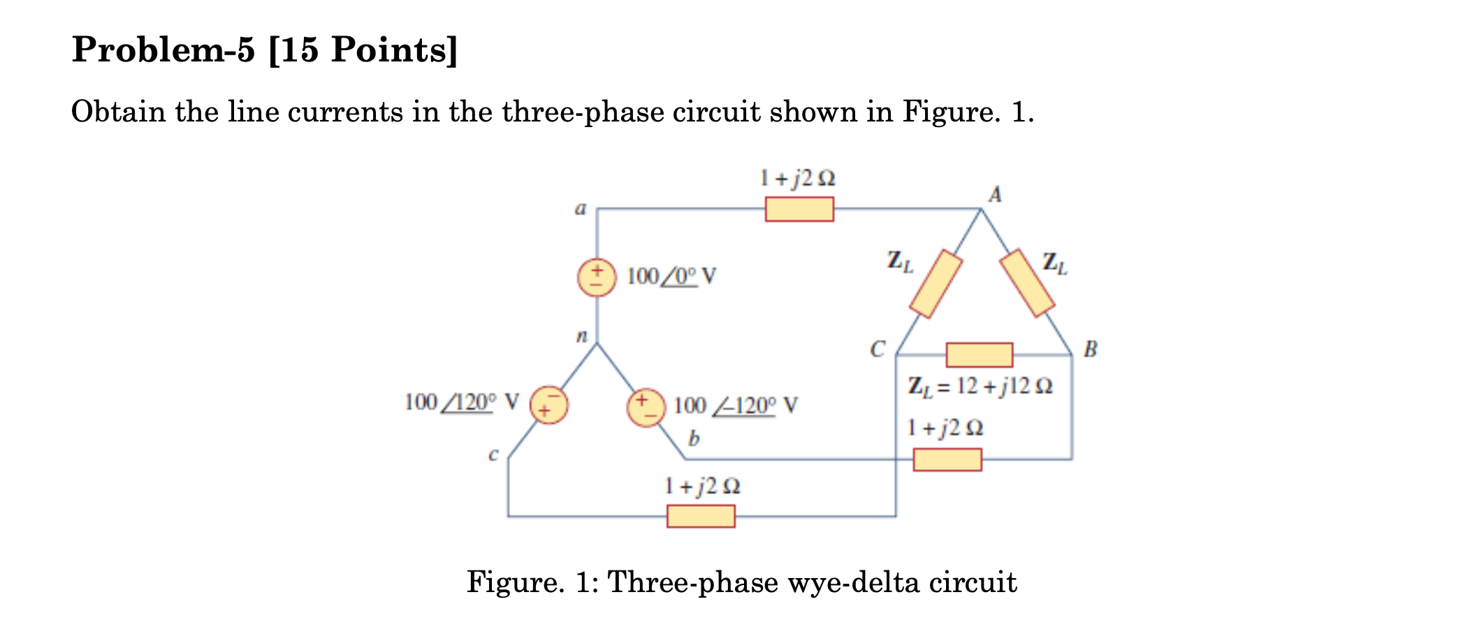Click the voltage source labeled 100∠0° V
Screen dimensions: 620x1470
pyautogui.click(x=596, y=278)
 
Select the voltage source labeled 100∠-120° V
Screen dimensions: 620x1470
pyautogui.click(x=645, y=408)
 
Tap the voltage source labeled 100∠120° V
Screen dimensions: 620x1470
pyautogui.click(x=549, y=405)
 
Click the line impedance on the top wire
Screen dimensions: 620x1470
pyautogui.click(x=799, y=209)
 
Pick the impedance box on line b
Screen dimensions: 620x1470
pyautogui.click(x=947, y=459)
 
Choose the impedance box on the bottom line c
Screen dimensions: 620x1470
pyautogui.click(x=701, y=516)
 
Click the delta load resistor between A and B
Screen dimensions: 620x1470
pyautogui.click(x=1026, y=283)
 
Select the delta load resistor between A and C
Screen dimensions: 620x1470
pyautogui.click(x=936, y=283)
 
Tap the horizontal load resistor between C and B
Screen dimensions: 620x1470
pyautogui.click(x=979, y=355)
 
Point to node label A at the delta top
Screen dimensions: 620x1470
pyautogui.click(x=995, y=194)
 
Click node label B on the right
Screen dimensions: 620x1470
pyautogui.click(x=1090, y=348)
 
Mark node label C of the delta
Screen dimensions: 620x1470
pyautogui.click(x=877, y=348)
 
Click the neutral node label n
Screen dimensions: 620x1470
pyautogui.click(x=581, y=337)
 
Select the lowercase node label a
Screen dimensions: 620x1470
pyautogui.click(x=580, y=208)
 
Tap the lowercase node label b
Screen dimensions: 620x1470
pyautogui.click(x=693, y=438)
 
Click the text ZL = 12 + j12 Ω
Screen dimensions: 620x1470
pyautogui.click(x=980, y=386)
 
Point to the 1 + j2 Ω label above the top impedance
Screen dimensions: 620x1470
pyautogui.click(x=797, y=178)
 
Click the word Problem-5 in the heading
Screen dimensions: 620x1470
pyautogui.click(x=164, y=50)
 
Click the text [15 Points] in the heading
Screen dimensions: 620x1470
pyautogui.click(x=363, y=50)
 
